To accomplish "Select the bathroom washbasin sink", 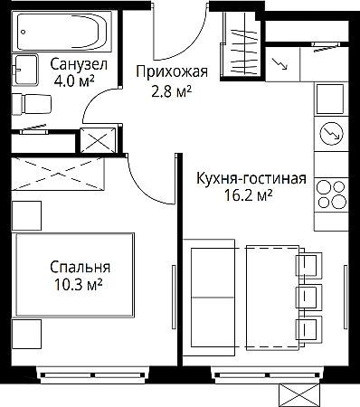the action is tap(24, 70).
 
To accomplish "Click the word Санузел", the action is tap(79, 64).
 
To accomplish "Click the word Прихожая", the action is tap(172, 72).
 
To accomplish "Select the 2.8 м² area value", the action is tap(172, 90).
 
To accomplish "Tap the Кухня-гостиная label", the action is tap(251, 178).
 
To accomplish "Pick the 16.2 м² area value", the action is tap(249, 195).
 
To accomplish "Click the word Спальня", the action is tap(80, 267).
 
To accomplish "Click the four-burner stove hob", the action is tap(331, 194).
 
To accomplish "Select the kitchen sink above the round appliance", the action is tap(329, 99).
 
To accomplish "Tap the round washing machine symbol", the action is tap(331, 134).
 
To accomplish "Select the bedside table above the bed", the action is tap(26, 216).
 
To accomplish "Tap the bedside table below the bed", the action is tap(26, 335).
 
